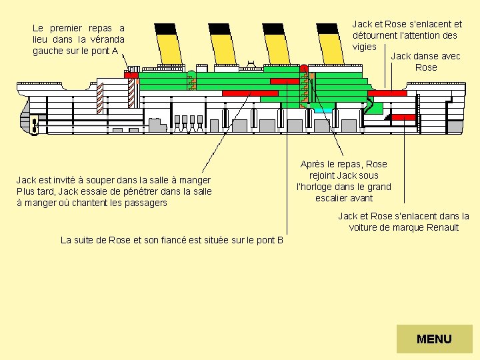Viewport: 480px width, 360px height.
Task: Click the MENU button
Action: (x=434, y=339)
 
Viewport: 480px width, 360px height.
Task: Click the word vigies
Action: (x=365, y=47)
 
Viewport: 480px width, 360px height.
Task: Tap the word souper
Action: (x=93, y=180)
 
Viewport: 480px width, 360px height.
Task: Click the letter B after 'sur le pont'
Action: (x=280, y=240)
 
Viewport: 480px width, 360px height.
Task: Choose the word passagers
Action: (x=145, y=203)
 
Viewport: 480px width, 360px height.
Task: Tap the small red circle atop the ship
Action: (x=303, y=68)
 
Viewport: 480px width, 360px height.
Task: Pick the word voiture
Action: (x=364, y=227)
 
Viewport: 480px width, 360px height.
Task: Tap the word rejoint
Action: (x=327, y=175)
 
